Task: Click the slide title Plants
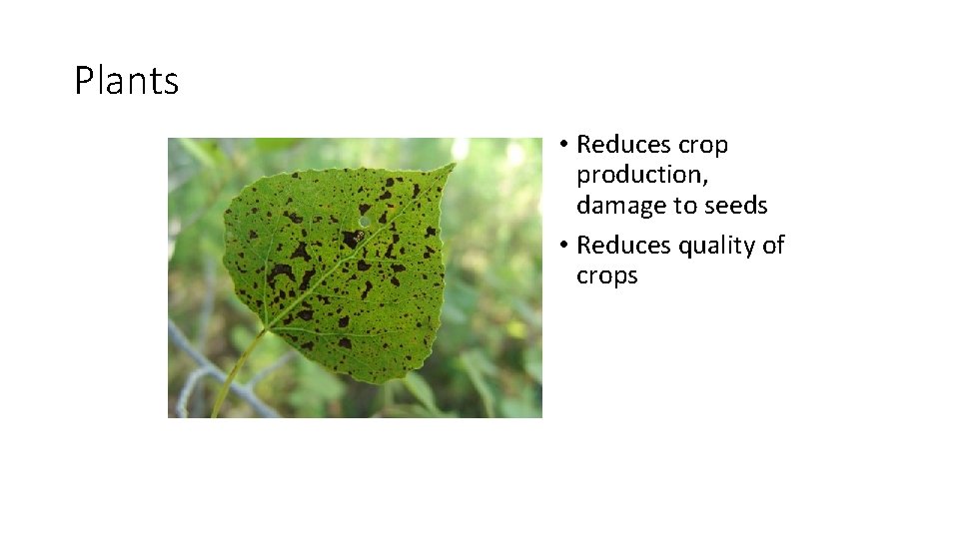click(127, 81)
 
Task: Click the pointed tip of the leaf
click(454, 165)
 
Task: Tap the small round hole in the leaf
click(365, 221)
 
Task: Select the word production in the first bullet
click(640, 175)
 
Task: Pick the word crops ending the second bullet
click(606, 275)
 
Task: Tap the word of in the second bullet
click(773, 246)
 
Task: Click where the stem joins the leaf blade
click(266, 328)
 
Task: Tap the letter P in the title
click(83, 81)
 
